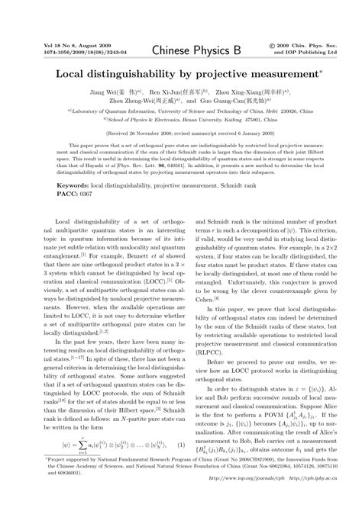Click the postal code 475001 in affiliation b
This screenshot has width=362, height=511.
click(260, 118)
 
